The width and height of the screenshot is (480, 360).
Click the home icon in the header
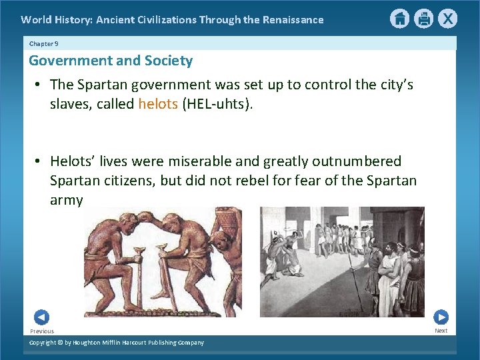399,19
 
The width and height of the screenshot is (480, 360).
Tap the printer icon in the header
423,19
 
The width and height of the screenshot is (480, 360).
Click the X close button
447,19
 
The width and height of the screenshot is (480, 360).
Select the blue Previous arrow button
41,317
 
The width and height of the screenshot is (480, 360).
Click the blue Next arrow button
441,317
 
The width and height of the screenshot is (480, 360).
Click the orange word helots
158,104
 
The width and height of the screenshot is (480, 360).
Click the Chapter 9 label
44,43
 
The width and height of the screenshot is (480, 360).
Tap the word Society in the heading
169,61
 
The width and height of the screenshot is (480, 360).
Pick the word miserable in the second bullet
217,161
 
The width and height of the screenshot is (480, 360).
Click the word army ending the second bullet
67,200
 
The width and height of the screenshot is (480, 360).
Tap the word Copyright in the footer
43,343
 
